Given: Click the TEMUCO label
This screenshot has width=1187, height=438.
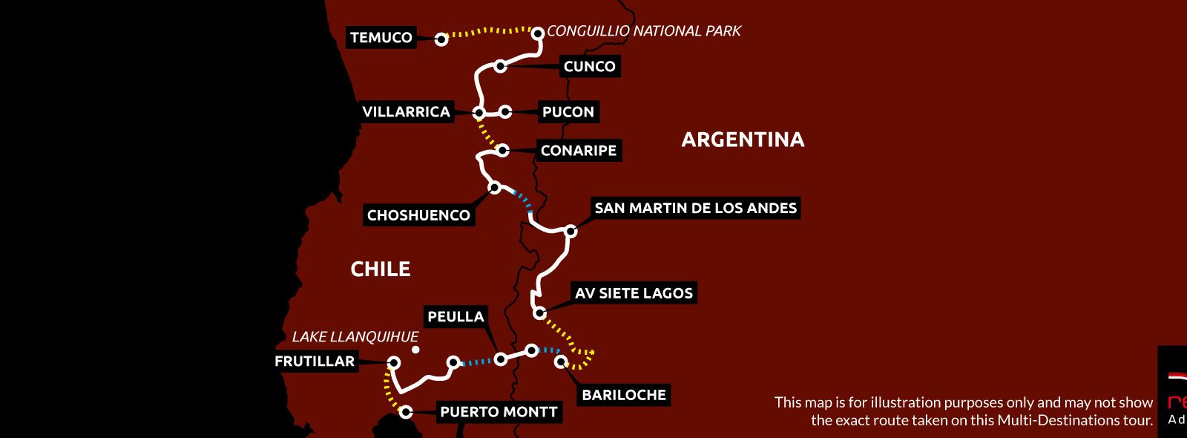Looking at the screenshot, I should click(x=381, y=38).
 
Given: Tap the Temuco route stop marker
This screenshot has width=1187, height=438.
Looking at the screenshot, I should click(x=441, y=39).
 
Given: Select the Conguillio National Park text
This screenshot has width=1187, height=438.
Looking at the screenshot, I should click(x=643, y=31).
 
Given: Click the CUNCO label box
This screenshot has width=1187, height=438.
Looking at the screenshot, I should click(x=589, y=67).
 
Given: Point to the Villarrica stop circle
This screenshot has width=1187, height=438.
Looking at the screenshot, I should click(x=479, y=113).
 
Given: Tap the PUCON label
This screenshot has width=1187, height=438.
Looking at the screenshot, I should click(x=568, y=112).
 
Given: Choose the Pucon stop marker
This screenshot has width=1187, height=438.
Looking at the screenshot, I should click(x=505, y=112).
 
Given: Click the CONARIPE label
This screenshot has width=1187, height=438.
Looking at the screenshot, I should click(x=578, y=151).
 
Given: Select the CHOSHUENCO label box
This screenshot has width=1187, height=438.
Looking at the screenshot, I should click(x=418, y=215).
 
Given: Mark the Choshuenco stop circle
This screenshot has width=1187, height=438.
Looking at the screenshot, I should click(x=495, y=188).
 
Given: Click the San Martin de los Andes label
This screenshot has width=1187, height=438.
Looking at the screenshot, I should click(x=695, y=208).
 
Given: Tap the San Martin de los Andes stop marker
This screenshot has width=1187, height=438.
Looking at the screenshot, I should click(x=571, y=231).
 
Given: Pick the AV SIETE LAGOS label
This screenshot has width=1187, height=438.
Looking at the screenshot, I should click(x=634, y=293).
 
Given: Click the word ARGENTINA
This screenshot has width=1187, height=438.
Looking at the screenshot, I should click(x=743, y=140).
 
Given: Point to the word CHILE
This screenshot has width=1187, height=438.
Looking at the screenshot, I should click(x=380, y=269).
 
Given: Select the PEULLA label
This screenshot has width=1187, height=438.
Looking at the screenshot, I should click(x=456, y=317).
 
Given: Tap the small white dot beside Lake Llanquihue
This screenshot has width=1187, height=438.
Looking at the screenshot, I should click(x=415, y=350).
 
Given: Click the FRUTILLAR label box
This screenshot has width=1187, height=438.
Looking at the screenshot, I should click(x=315, y=362).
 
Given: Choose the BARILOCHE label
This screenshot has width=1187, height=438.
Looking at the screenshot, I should click(x=624, y=395).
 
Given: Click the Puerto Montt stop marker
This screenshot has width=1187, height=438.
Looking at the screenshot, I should click(x=406, y=412).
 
